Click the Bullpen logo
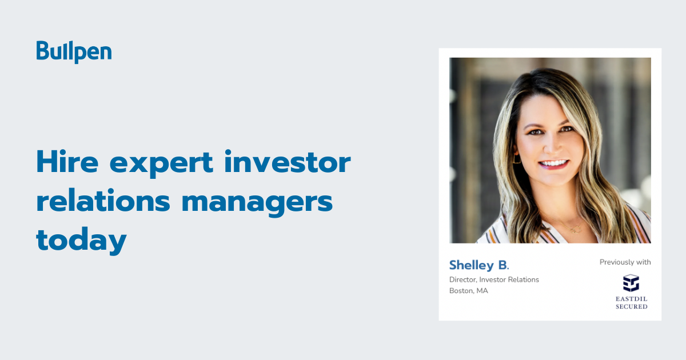click(74, 52)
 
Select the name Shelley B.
click(478, 265)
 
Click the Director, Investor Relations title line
click(494, 279)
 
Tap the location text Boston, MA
click(469, 291)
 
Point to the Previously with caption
click(625, 262)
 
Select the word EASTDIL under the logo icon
click(631, 298)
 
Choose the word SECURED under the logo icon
click(631, 307)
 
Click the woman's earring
click(517, 158)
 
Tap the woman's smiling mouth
click(553, 165)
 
